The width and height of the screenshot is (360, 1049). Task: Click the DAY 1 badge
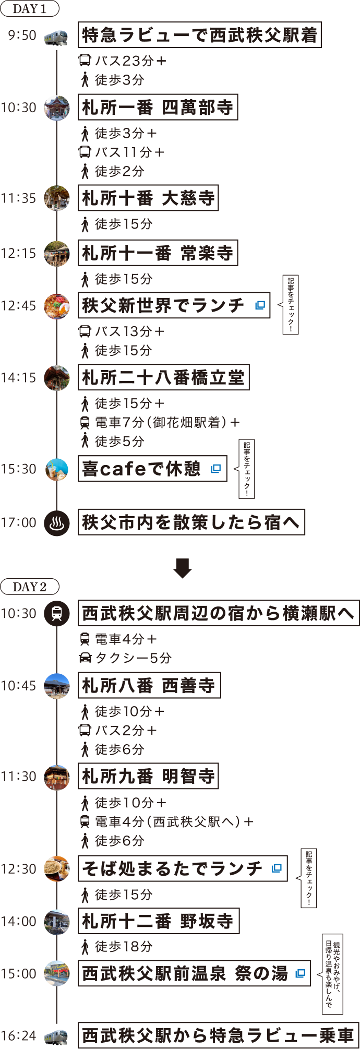click(x=30, y=8)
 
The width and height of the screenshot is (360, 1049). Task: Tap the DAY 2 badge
click(x=30, y=587)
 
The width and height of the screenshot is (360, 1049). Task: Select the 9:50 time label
click(x=22, y=35)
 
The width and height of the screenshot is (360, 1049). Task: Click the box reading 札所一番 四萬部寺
click(x=158, y=108)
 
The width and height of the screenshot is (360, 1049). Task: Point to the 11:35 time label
click(x=19, y=198)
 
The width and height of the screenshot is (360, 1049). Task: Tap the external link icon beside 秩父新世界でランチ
click(x=260, y=305)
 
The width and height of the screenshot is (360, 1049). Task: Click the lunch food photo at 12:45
click(x=57, y=306)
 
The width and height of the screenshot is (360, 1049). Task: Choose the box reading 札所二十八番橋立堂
click(x=163, y=377)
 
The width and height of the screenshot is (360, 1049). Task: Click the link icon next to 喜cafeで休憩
click(x=216, y=469)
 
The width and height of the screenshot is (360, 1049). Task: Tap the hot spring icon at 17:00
click(x=57, y=523)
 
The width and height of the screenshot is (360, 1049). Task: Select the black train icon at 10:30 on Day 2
click(x=57, y=613)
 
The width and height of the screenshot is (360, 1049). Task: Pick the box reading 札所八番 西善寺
click(x=149, y=686)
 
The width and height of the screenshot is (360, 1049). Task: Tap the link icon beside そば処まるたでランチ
click(x=277, y=868)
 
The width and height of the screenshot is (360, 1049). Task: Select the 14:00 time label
click(x=19, y=921)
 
